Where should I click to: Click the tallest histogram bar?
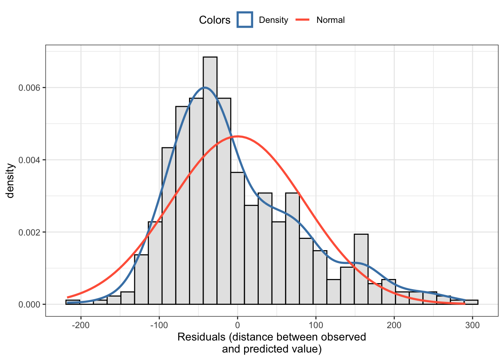click(210, 180)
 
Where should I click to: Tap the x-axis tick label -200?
click(81, 325)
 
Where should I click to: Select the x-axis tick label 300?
click(472, 325)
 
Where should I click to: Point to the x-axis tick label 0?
click(237, 325)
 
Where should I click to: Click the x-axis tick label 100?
click(316, 325)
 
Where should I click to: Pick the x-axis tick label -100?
click(159, 325)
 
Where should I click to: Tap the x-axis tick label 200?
click(394, 325)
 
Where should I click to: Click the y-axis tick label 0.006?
click(29, 88)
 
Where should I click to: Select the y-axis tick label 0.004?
click(29, 160)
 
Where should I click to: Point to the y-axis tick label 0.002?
click(29, 232)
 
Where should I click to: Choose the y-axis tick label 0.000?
click(29, 304)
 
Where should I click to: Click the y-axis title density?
click(10, 180)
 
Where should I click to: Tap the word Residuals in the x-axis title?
click(201, 337)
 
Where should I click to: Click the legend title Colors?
click(214, 20)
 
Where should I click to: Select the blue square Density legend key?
click(245, 20)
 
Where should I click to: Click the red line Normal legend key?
click(303, 20)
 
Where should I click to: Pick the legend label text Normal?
click(330, 20)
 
